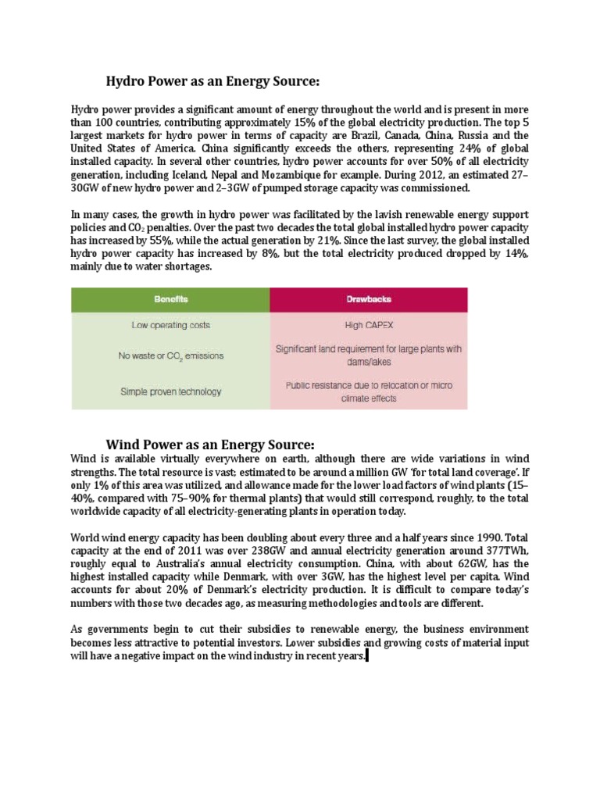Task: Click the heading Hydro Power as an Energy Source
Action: (213, 81)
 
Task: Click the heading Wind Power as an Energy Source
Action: (210, 444)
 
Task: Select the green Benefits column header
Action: (171, 299)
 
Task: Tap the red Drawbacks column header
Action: (369, 299)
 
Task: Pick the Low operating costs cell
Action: (171, 325)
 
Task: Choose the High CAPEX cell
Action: (369, 325)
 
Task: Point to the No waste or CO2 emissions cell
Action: (171, 355)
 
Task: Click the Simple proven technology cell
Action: (171, 391)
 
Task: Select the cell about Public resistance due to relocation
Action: (369, 391)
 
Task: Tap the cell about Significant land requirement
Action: (369, 355)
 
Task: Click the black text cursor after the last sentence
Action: (368, 657)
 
